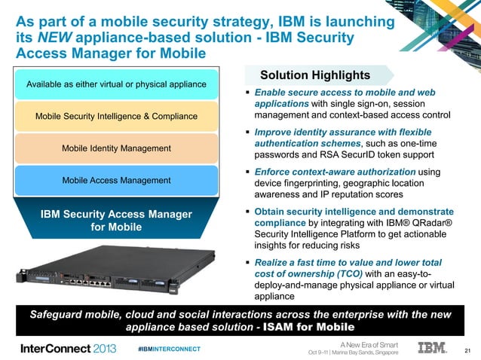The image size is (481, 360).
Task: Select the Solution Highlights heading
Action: [x=315, y=75]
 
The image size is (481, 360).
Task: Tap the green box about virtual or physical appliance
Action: [x=116, y=84]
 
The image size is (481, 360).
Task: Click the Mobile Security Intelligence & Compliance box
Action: [x=116, y=116]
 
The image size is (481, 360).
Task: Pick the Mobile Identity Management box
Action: [x=116, y=148]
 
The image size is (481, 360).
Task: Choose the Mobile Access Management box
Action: [x=116, y=181]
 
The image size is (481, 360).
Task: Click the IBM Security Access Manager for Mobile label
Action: [x=116, y=222]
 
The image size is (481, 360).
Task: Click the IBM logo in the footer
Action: [x=432, y=348]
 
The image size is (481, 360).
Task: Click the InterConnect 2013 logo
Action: [x=68, y=349]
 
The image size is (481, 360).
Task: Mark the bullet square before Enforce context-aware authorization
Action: [x=247, y=173]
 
